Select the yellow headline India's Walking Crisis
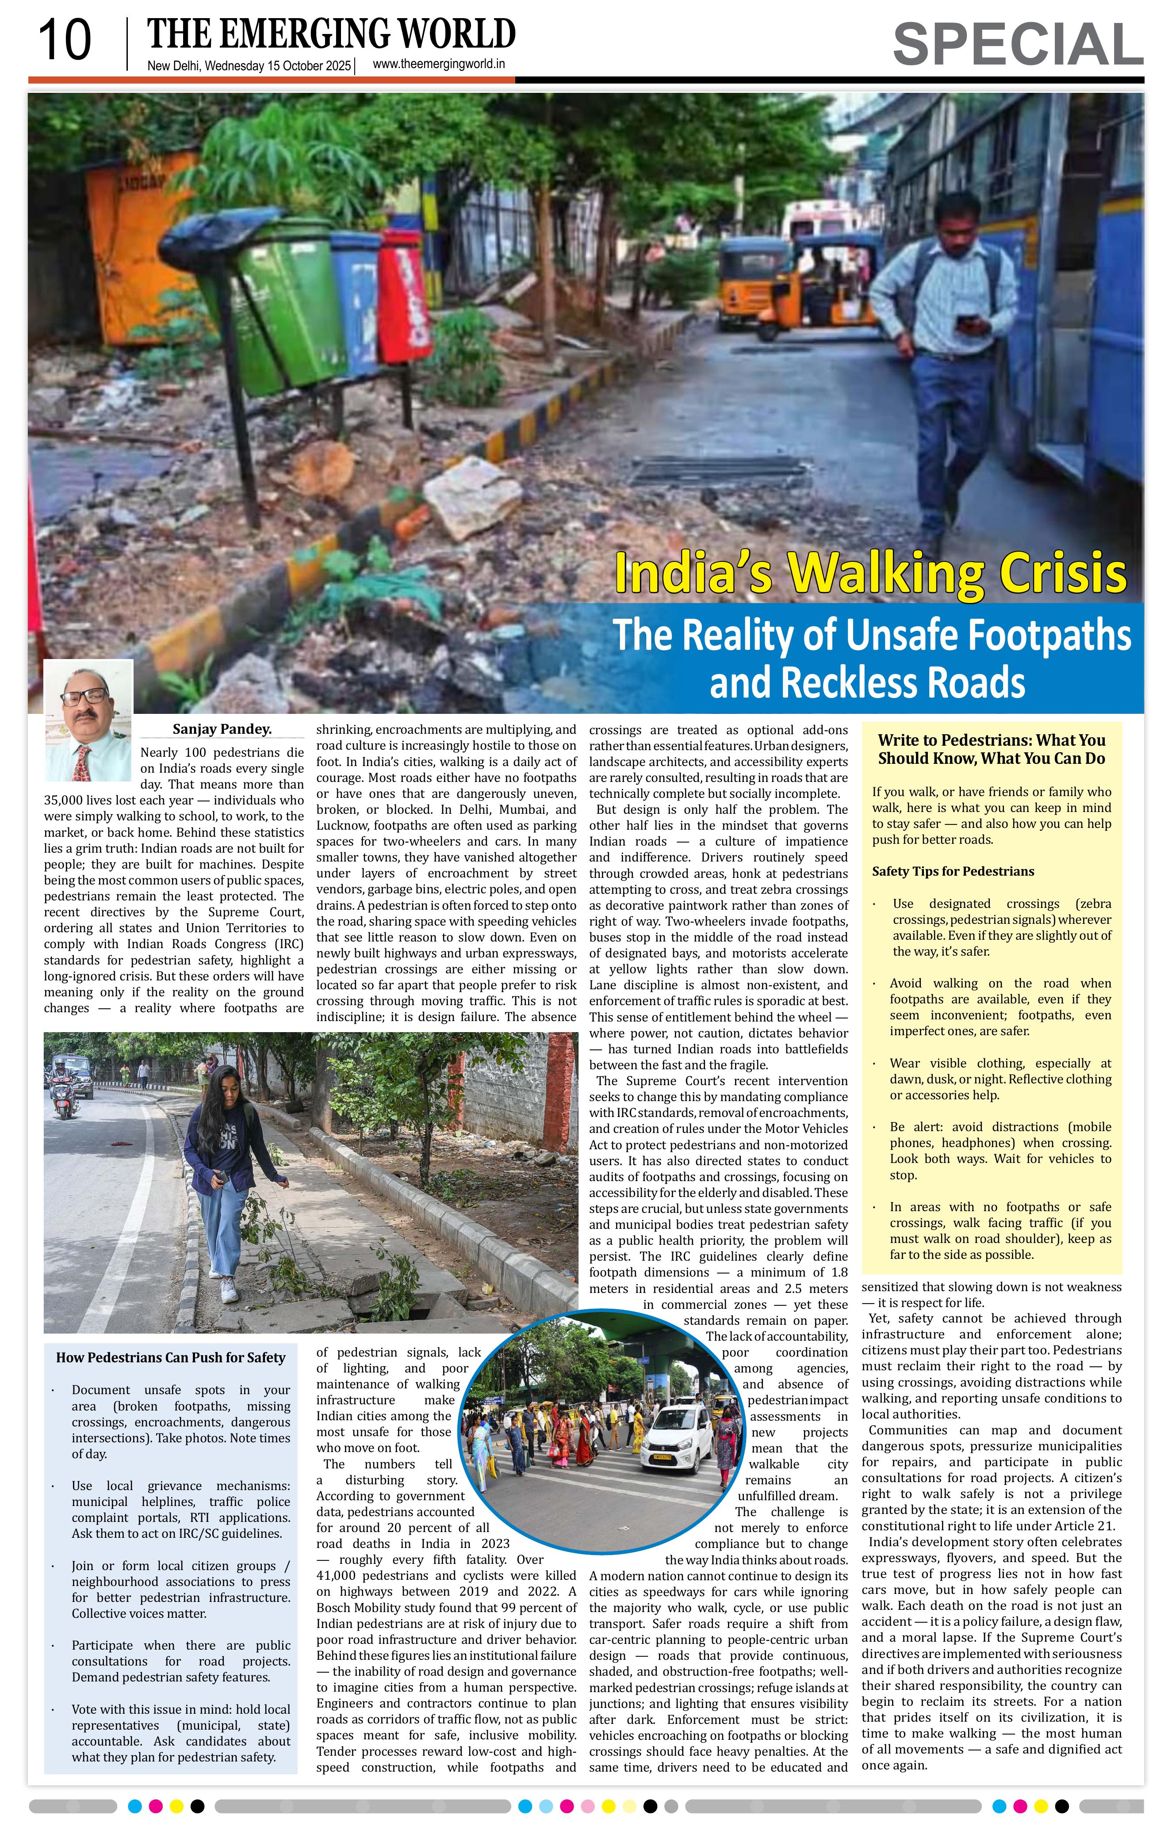pos(870,573)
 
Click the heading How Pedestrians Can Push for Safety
pos(170,1357)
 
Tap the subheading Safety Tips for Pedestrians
pos(953,871)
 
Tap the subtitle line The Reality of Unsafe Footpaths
pos(871,635)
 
